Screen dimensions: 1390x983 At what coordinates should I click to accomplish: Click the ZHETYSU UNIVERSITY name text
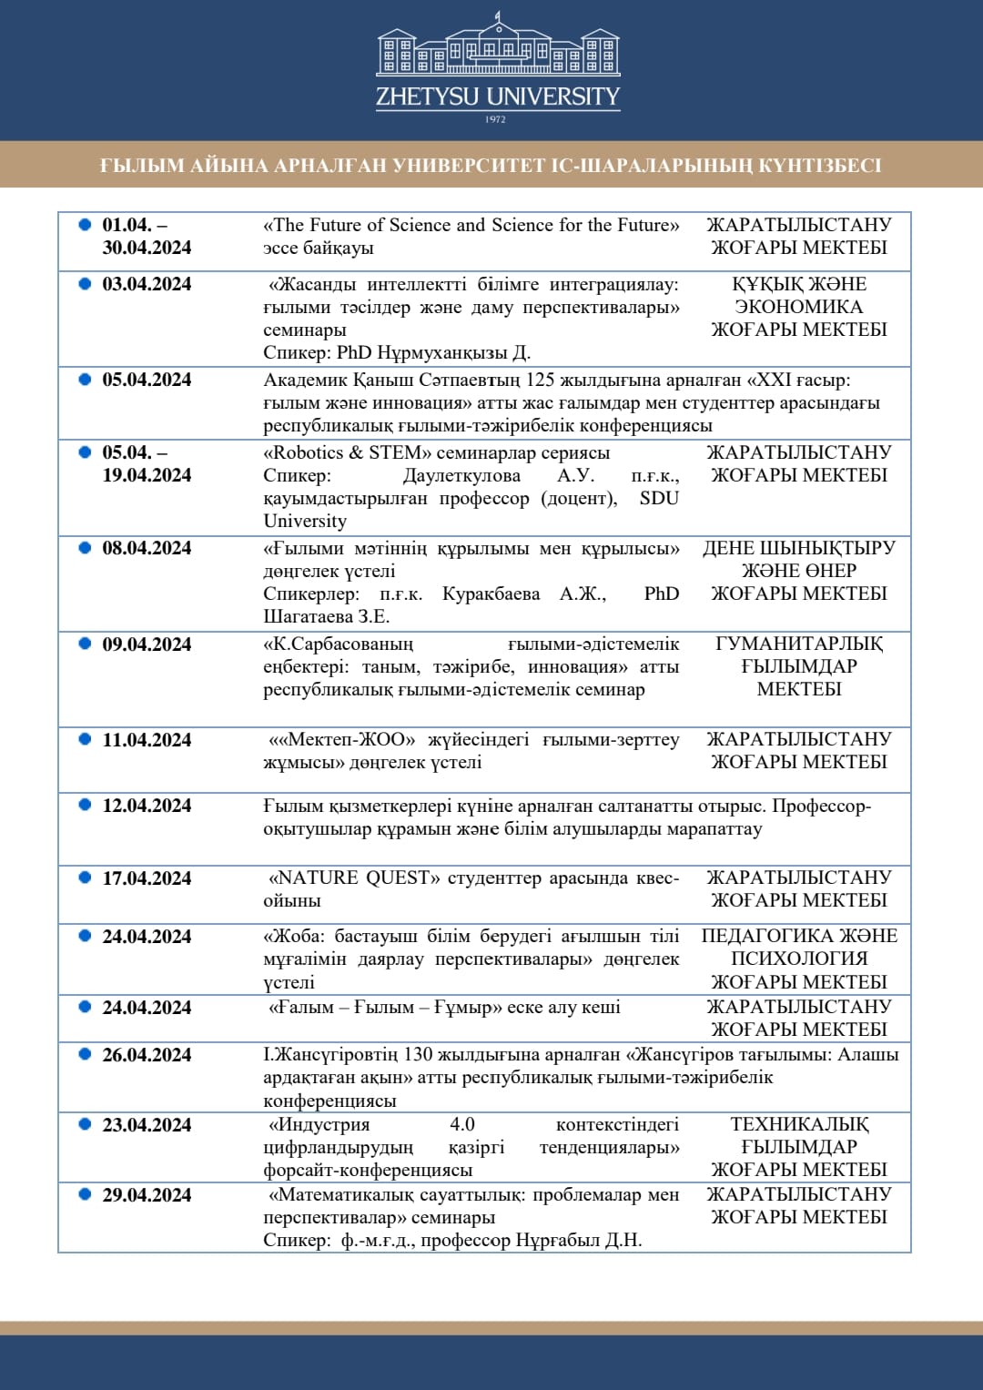pos(498,96)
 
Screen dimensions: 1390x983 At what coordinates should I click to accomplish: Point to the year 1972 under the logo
pos(495,119)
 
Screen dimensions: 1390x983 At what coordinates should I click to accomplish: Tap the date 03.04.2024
pos(147,284)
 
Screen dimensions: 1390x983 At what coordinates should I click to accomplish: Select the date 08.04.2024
pos(147,548)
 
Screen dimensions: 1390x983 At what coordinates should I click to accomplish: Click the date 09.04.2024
pos(147,644)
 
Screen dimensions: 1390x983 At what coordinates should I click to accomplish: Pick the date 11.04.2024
pos(147,740)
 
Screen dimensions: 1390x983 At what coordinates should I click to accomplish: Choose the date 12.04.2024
pos(147,806)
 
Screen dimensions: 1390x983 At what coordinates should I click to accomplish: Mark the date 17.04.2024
pos(147,878)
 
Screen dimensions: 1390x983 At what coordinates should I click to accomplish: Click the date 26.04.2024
pos(147,1055)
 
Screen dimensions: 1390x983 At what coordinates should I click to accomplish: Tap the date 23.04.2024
pos(147,1125)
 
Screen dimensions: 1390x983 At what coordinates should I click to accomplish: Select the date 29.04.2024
pos(147,1195)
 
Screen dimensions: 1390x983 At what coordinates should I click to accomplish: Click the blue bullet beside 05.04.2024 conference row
pos(85,379)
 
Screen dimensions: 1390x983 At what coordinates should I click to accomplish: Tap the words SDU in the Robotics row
pos(659,498)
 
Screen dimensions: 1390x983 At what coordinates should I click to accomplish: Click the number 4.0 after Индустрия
pos(462,1124)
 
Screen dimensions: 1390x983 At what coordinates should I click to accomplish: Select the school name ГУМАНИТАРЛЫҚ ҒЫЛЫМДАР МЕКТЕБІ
pos(799,666)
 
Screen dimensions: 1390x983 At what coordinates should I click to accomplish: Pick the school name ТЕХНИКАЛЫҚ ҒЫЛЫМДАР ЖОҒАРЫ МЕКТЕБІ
pos(799,1147)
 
